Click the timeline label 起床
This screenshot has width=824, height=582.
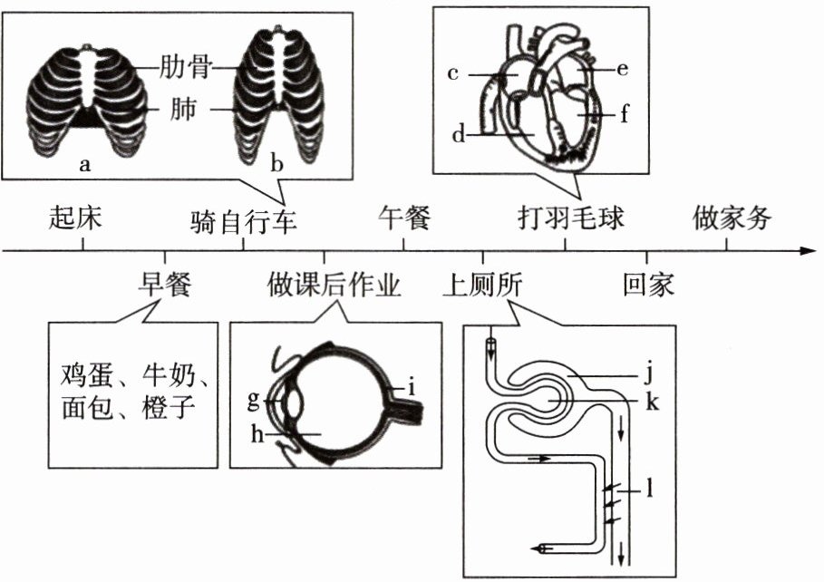[x=76, y=218]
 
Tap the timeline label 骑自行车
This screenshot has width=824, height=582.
[x=244, y=220]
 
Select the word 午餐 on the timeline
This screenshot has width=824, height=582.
[x=403, y=218]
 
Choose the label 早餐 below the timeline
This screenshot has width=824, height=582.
[x=164, y=285]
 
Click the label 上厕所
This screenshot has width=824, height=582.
[x=483, y=285]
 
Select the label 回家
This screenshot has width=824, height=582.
[x=648, y=285]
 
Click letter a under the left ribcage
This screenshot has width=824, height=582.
[x=85, y=164]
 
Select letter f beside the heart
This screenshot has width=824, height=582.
[x=625, y=116]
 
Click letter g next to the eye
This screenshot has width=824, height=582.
[x=254, y=399]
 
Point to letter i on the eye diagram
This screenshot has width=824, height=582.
[x=412, y=389]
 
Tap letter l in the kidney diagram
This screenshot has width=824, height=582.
[x=650, y=492]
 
